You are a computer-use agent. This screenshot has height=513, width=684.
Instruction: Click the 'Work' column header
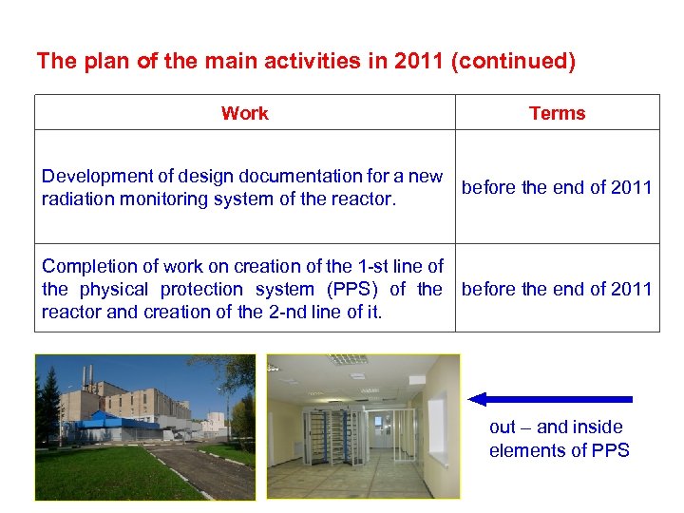(244, 113)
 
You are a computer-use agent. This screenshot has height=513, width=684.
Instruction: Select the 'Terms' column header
(557, 113)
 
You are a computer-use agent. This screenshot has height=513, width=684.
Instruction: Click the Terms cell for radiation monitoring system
(557, 187)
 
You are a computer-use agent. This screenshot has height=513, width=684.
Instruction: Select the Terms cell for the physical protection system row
(557, 289)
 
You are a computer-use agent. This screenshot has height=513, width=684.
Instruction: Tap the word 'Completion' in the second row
(86, 266)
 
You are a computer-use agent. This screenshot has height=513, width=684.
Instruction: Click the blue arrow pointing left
(551, 399)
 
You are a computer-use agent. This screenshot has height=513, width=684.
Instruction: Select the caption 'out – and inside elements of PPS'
(559, 439)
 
